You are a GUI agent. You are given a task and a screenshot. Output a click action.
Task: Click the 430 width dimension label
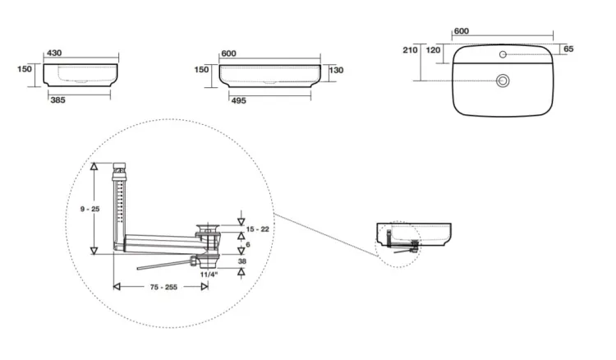(x=54, y=53)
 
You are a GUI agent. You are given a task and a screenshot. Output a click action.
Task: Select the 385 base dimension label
(x=57, y=100)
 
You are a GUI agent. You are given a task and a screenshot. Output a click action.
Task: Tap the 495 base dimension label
(x=238, y=101)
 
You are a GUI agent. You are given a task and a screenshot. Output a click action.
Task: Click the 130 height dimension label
(x=336, y=71)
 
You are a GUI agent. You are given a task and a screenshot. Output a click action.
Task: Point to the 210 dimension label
(x=410, y=50)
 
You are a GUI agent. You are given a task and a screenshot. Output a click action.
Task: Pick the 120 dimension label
(x=433, y=50)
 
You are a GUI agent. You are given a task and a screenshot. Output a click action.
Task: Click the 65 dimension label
(x=568, y=49)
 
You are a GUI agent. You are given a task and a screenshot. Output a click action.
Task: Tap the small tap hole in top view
(x=503, y=54)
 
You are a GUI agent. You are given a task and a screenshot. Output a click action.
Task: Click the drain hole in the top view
(x=503, y=81)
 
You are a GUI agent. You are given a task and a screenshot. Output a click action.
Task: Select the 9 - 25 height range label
(x=90, y=209)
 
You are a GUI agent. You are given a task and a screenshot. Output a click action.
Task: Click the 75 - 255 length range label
(x=163, y=288)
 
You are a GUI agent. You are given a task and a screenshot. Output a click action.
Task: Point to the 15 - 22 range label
(x=258, y=229)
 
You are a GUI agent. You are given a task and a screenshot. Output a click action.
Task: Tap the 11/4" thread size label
(x=209, y=275)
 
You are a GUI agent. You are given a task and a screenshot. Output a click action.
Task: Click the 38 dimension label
(x=242, y=261)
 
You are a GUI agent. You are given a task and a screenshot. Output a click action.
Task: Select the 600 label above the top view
(x=462, y=31)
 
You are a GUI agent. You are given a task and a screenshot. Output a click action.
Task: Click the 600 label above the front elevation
(x=228, y=54)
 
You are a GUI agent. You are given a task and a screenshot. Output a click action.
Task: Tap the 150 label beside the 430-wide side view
(x=25, y=69)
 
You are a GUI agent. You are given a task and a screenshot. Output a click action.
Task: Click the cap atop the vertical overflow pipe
(x=120, y=165)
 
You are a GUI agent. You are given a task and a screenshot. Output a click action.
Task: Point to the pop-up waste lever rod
(x=163, y=264)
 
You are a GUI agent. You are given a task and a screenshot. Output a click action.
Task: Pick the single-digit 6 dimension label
(x=248, y=245)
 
